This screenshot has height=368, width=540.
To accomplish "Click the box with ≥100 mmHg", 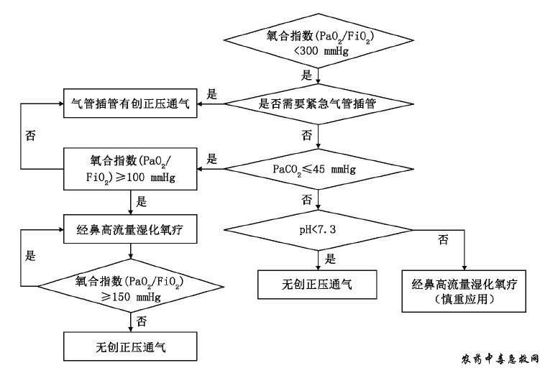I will [x=129, y=169].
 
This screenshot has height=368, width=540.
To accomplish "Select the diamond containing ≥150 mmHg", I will [x=129, y=287].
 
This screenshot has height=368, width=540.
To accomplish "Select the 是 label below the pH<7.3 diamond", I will [x=331, y=259].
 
